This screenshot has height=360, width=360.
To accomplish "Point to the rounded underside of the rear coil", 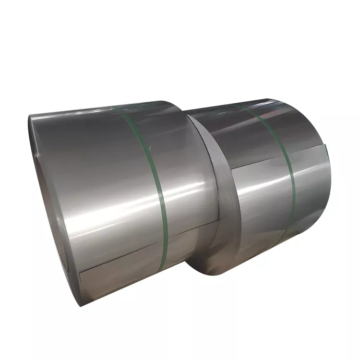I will [259, 250].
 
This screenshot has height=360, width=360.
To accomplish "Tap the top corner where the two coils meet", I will [185, 113].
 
